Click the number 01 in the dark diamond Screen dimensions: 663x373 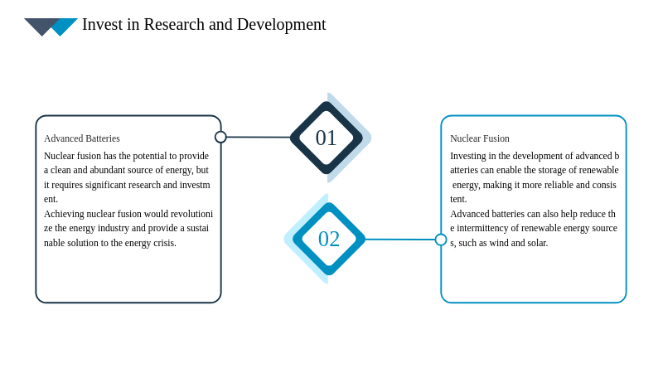[x=326, y=138]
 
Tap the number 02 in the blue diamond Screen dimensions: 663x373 [x=329, y=239]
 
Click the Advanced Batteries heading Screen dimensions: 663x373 [x=82, y=138]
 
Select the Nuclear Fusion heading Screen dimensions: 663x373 [x=480, y=138]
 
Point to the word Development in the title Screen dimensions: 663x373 [x=282, y=25]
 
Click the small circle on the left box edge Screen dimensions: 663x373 [x=220, y=137]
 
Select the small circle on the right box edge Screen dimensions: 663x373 [x=441, y=240]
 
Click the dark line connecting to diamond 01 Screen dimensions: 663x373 [x=259, y=137]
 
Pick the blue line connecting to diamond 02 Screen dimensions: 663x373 [x=400, y=240]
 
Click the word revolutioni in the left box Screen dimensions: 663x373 [x=191, y=214]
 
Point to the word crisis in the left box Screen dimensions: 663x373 [x=164, y=243]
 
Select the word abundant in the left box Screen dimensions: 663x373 [x=107, y=170]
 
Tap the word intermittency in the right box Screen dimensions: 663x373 [x=482, y=229]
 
